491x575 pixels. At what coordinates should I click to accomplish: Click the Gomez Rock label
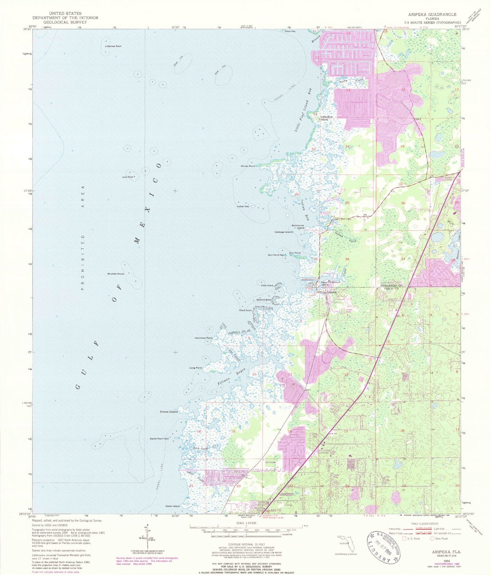coord(114,46)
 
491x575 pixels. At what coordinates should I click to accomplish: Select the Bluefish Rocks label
coord(116,274)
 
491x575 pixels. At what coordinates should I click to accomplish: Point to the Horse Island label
coord(169,412)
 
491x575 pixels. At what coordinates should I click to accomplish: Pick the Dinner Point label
coord(248,166)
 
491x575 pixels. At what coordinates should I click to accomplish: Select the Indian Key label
coord(243,206)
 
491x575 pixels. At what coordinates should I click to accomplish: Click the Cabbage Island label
coord(283,232)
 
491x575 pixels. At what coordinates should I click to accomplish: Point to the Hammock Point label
coord(203,338)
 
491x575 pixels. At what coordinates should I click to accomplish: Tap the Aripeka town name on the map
coord(331,292)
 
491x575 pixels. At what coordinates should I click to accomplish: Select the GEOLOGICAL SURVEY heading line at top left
coord(65,22)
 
